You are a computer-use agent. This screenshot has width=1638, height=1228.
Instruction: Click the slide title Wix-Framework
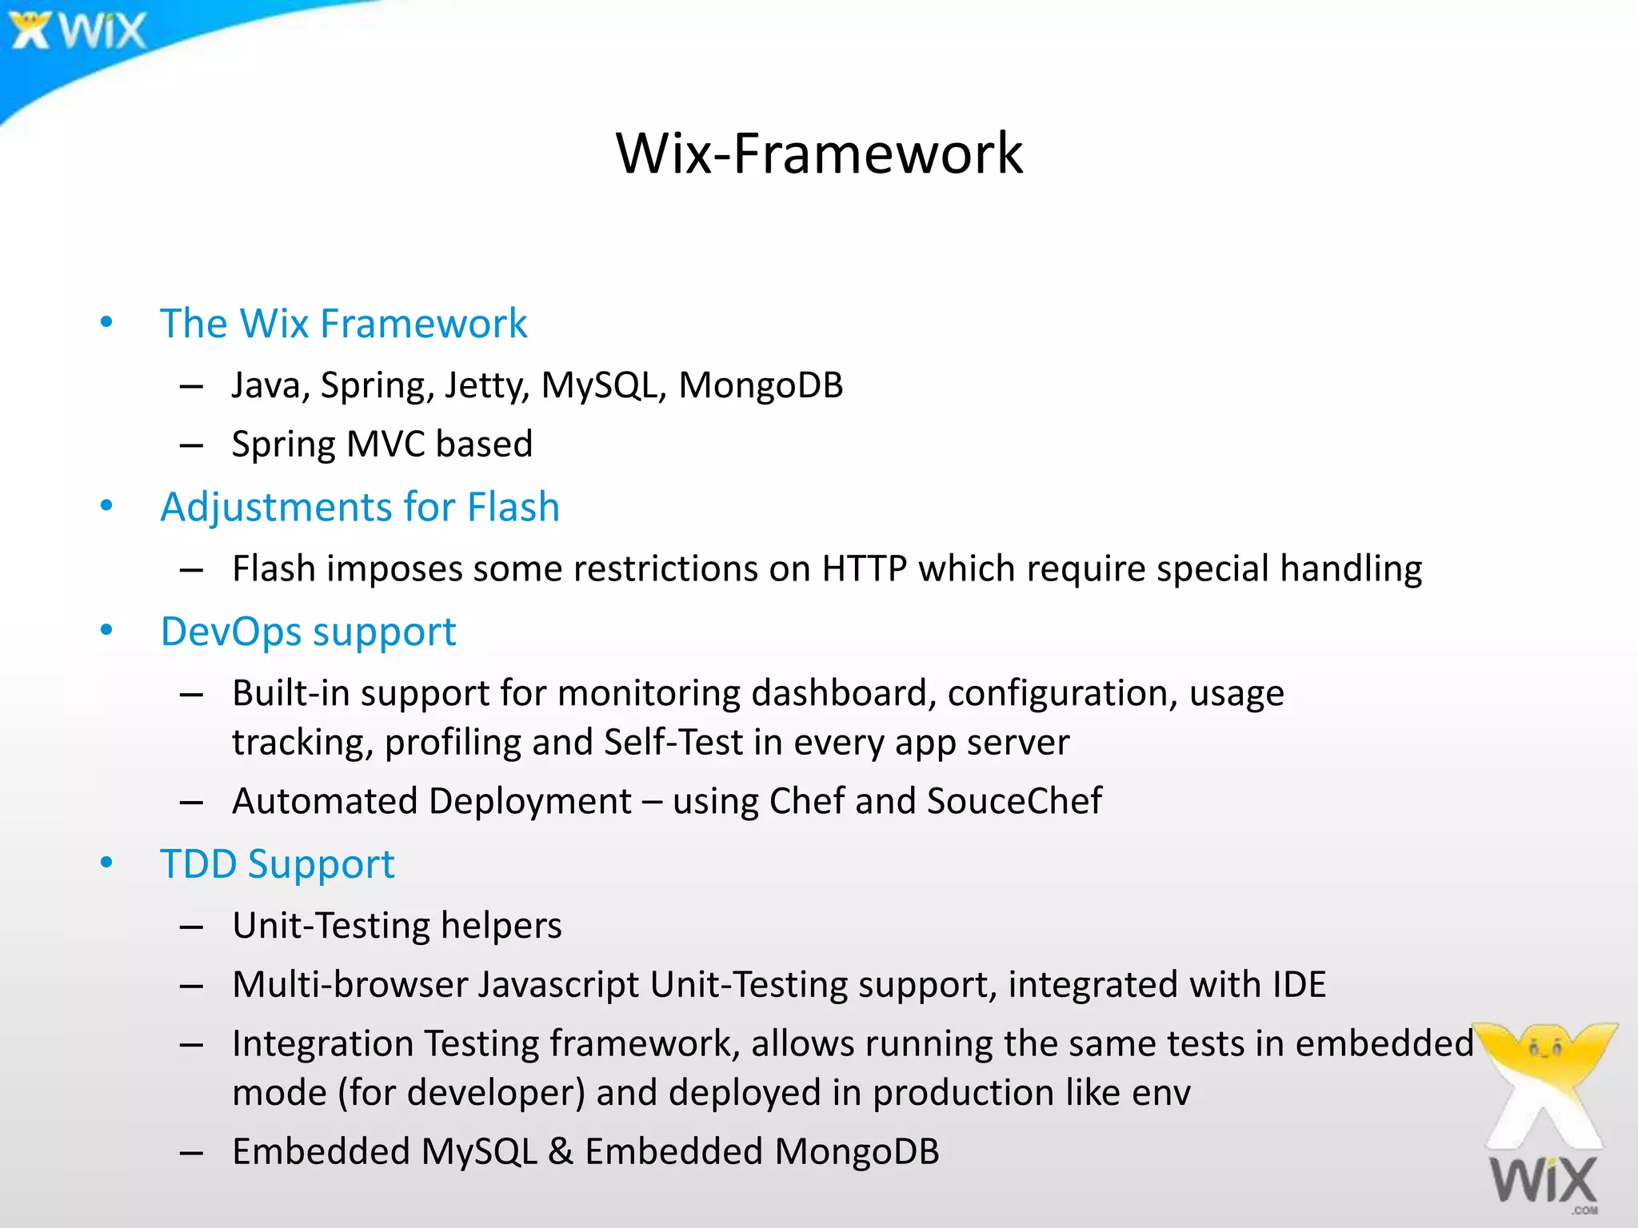coord(819,153)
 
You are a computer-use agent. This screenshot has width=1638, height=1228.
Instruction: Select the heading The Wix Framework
coord(343,324)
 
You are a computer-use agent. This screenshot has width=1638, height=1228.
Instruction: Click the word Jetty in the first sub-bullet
coord(486,386)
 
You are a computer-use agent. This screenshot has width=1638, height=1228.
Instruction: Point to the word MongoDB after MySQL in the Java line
coord(761,385)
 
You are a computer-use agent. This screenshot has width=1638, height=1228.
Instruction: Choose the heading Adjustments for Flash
coord(360,507)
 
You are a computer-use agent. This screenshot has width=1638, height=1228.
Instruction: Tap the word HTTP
coord(865,569)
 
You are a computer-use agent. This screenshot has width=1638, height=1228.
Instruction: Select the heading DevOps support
coord(308,632)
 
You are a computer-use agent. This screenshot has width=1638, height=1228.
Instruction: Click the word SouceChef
coord(1014,801)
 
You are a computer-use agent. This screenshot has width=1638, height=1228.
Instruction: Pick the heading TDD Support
coord(277,864)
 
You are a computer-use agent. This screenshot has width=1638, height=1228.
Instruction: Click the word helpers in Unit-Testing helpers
coord(501,926)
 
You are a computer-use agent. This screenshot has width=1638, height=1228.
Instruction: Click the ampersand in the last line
coord(561,1152)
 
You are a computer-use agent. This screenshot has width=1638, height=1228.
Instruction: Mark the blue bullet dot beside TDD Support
coord(106,863)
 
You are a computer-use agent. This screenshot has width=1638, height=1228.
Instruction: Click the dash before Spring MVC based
coord(191,445)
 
